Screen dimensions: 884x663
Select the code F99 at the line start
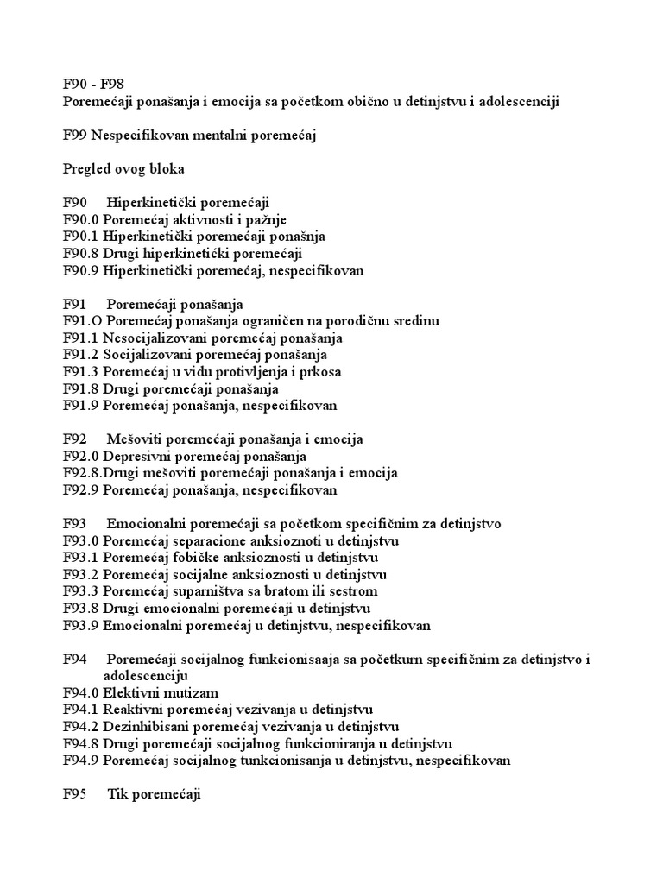point(75,136)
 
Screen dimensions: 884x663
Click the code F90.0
point(81,220)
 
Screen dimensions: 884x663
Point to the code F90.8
point(81,254)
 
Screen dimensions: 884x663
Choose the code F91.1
point(81,338)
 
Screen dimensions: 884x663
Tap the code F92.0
point(81,457)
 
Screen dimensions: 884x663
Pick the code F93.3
point(81,592)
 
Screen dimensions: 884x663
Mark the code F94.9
point(81,761)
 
